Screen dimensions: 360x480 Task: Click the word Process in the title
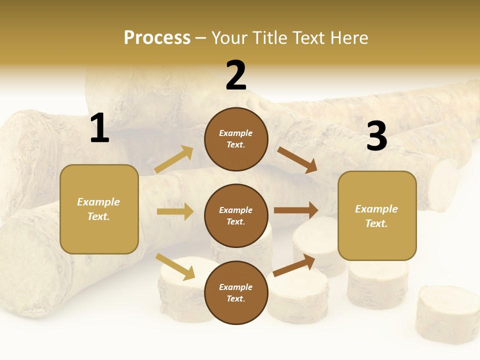pos(157,38)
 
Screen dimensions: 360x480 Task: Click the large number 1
pos(99,128)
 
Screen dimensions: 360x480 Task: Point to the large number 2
pos(236,75)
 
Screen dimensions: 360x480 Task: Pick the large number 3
pos(376,136)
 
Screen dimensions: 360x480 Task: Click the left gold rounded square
pos(99,209)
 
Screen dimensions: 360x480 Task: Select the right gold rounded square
pos(377,215)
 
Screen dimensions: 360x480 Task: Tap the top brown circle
pos(236,139)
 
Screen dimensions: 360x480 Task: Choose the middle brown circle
pos(236,215)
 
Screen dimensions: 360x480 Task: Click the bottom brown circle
pos(236,292)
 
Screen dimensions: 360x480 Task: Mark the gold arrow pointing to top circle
pos(174,159)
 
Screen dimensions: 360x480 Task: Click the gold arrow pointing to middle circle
pos(175,211)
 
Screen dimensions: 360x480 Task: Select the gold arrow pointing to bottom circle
pos(175,266)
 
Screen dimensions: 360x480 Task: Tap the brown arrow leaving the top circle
pos(297,159)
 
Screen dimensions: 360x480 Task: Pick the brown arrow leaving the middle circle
pos(296,210)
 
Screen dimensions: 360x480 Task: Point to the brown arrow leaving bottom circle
pos(294,265)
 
